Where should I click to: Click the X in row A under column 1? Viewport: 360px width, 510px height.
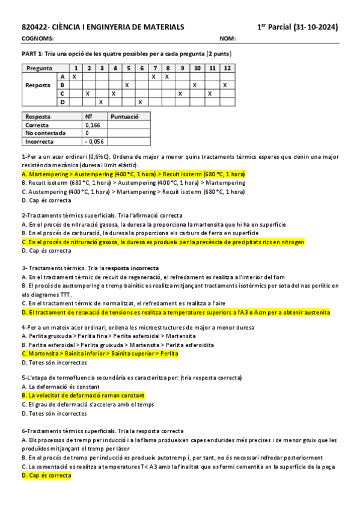tap(74, 76)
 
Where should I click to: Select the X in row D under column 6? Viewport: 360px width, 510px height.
tap(139, 102)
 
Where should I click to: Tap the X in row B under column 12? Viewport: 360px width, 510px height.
tap(225, 85)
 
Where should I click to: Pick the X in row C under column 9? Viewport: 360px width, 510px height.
tap(180, 94)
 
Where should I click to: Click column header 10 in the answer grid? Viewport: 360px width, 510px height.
tap(197, 68)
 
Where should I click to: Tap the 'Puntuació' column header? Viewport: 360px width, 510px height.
tap(126, 116)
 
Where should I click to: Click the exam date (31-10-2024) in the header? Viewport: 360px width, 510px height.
tap(316, 27)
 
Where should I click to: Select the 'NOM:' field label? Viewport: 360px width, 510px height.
tap(227, 38)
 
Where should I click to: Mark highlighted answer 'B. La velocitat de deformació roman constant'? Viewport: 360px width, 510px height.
tap(83, 396)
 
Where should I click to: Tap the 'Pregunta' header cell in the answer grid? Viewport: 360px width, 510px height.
tap(39, 68)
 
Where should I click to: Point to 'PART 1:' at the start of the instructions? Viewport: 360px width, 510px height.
tap(32, 54)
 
